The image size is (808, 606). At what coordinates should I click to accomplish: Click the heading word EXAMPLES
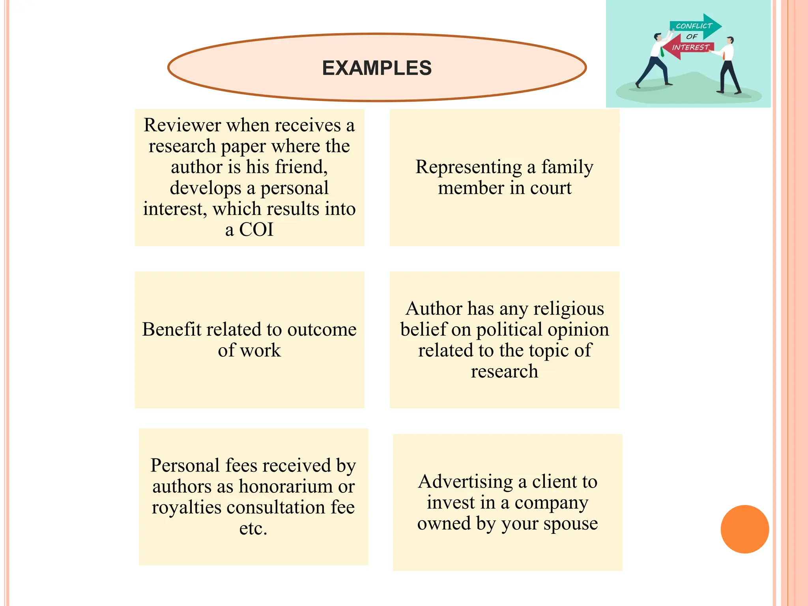click(x=377, y=68)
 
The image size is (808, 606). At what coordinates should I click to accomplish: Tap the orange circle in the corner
click(x=744, y=529)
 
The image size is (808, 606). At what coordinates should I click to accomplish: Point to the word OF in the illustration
click(x=692, y=37)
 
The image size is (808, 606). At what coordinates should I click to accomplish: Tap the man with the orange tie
click(x=728, y=65)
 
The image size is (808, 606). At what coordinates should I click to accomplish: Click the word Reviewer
click(x=182, y=125)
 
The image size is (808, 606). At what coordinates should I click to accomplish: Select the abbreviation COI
click(x=256, y=230)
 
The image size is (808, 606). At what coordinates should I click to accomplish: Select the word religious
click(x=569, y=309)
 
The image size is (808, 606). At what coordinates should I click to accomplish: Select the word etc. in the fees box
click(x=253, y=529)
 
